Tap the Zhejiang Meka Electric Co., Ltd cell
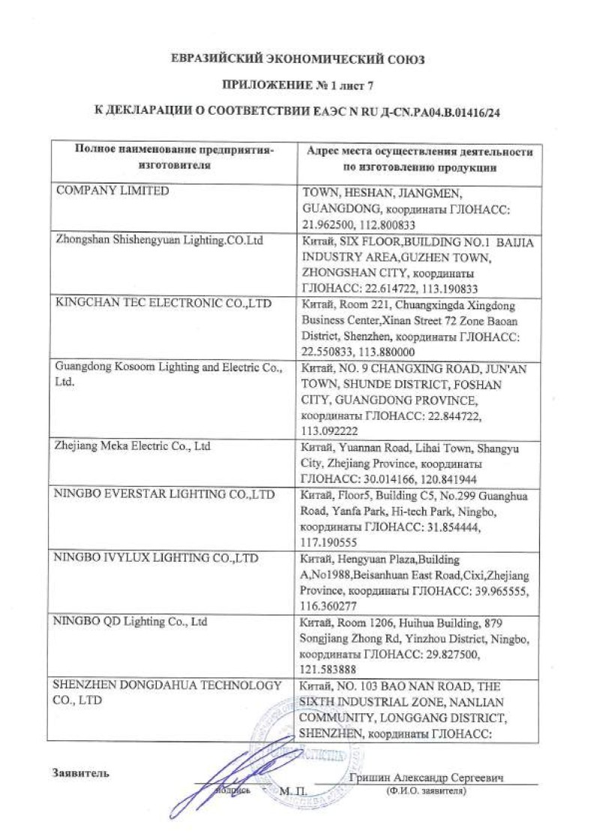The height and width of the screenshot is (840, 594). [x=133, y=446]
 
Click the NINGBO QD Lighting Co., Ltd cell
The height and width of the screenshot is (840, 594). [x=131, y=622]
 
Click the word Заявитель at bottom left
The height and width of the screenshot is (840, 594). [x=80, y=773]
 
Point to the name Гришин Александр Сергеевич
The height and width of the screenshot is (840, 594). [x=426, y=778]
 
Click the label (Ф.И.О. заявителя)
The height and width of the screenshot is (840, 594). [x=424, y=790]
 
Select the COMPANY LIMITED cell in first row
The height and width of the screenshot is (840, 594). [x=113, y=191]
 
